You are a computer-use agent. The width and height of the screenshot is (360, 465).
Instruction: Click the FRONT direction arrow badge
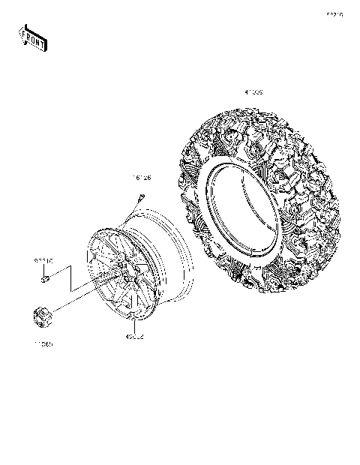coord(32,37)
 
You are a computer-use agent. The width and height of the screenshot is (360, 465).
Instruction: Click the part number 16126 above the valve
coord(142,178)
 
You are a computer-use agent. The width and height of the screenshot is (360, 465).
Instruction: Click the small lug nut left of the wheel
coord(44,280)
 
